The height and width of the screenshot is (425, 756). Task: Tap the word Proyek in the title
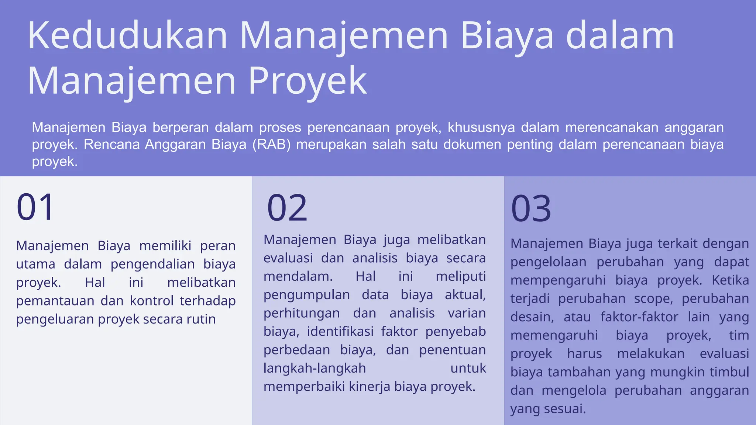point(307,81)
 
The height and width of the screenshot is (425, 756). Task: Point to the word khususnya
point(481,127)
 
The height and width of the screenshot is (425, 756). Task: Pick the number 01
point(35,207)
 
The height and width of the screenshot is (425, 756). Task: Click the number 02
point(287,208)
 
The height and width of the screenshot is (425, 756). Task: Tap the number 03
point(531,209)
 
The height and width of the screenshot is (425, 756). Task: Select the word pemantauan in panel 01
point(55,301)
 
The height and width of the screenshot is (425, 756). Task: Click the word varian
point(467,313)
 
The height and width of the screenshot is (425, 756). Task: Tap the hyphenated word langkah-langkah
point(315,368)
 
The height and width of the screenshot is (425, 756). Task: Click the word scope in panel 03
point(653,299)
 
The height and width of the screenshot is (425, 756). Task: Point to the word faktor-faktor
point(639,317)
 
